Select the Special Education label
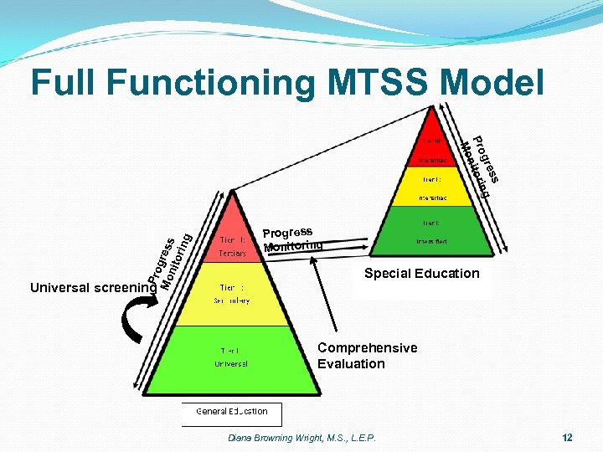[422, 274]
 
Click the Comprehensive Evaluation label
[366, 356]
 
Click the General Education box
[232, 413]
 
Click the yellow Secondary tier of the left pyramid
[234, 294]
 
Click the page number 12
[568, 438]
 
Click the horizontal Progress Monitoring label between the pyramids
[292, 239]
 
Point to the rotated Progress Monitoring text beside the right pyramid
[481, 164]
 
